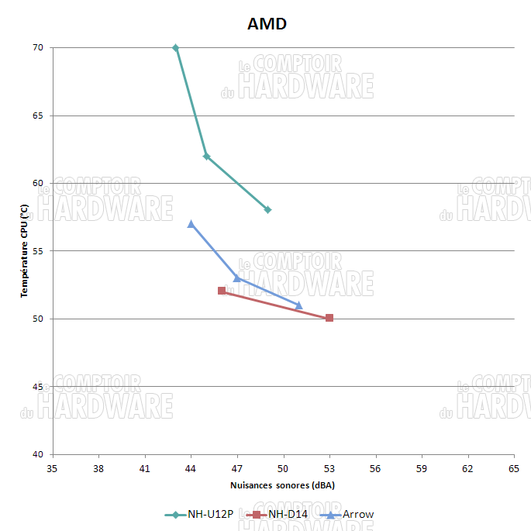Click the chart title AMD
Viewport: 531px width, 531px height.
tap(267, 24)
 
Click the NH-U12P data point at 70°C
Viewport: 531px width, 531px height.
tap(176, 48)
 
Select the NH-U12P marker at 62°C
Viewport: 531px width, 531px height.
tap(206, 156)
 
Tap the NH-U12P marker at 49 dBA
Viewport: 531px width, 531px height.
tap(267, 210)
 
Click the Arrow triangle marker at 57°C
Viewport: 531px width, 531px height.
tap(191, 224)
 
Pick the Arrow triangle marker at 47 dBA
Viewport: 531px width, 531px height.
tap(237, 278)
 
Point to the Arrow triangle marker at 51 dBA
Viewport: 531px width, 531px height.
tap(298, 305)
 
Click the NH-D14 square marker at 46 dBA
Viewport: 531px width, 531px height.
tap(222, 291)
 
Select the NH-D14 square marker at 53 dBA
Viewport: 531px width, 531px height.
tap(329, 318)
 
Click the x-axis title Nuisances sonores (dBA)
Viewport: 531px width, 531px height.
tap(282, 485)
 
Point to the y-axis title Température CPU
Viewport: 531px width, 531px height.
tap(24, 251)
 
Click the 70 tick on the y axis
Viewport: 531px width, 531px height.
tap(37, 48)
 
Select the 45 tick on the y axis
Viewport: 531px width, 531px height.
tap(37, 386)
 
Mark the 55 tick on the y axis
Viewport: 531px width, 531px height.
tap(37, 251)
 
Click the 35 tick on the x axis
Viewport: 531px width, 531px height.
tap(52, 468)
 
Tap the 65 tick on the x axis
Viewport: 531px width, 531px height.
tap(513, 468)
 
